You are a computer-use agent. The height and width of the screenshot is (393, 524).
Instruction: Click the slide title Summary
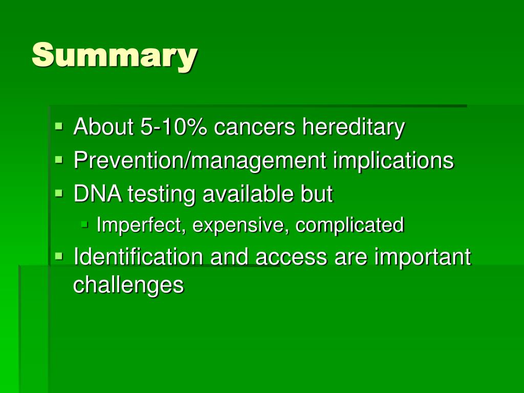[x=114, y=56]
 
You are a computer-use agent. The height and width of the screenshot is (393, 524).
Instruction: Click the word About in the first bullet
[x=103, y=127]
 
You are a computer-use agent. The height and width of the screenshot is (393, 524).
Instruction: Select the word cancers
[x=254, y=127]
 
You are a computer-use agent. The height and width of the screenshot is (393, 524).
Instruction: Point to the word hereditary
[x=353, y=127]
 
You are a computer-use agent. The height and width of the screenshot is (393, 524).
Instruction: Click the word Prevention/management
[x=200, y=161]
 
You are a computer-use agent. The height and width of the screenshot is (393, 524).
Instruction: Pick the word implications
[x=393, y=161]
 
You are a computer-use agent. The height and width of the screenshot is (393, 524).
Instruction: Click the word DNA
[x=98, y=194]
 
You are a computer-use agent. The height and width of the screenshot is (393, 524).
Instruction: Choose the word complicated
[x=350, y=225]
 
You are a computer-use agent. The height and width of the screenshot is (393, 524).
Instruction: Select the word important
[x=422, y=257]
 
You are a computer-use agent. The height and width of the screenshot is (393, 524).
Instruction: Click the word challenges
[x=128, y=285]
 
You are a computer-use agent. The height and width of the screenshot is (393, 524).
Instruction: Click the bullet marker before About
[x=59, y=126]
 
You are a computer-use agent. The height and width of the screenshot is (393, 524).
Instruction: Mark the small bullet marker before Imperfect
[x=85, y=224]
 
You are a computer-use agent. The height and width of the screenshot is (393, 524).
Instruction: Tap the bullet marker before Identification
[x=59, y=256]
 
